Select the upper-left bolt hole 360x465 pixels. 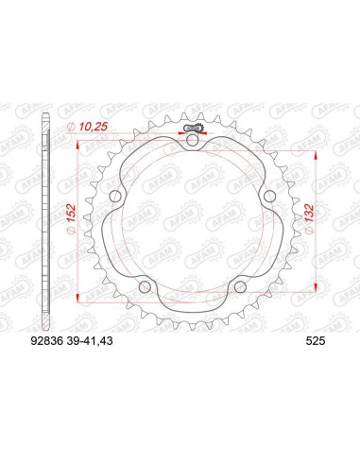pos(115,197)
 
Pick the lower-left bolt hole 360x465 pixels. pos(145,286)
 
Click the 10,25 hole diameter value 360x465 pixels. pos(94,127)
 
